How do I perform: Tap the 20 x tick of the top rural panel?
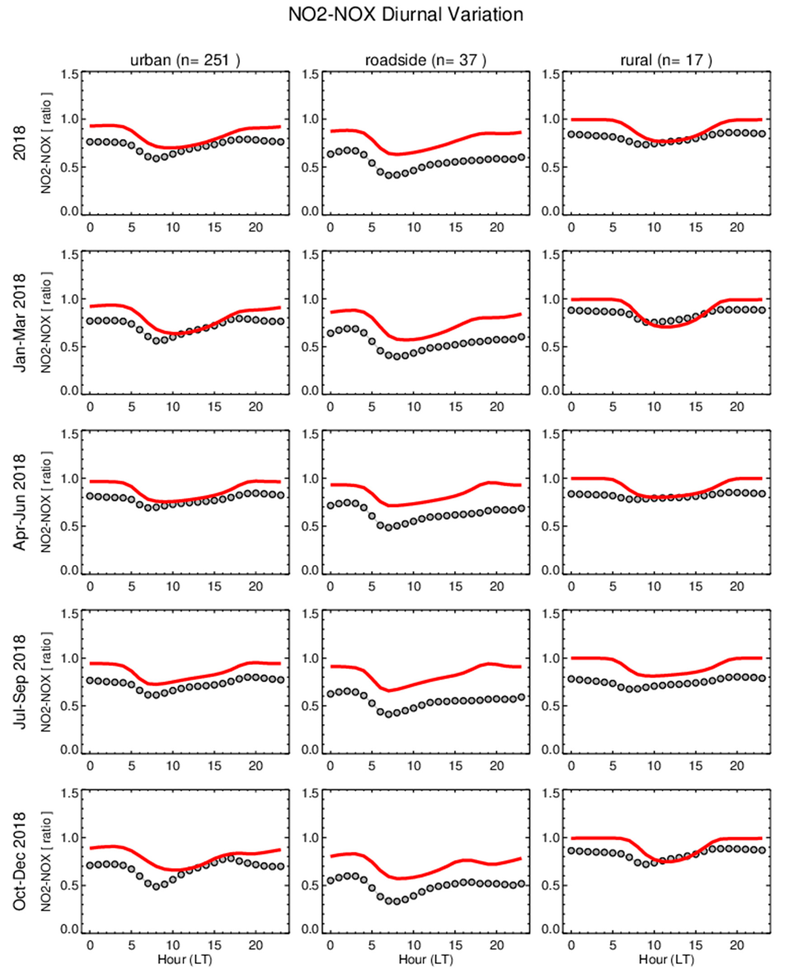point(737,227)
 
